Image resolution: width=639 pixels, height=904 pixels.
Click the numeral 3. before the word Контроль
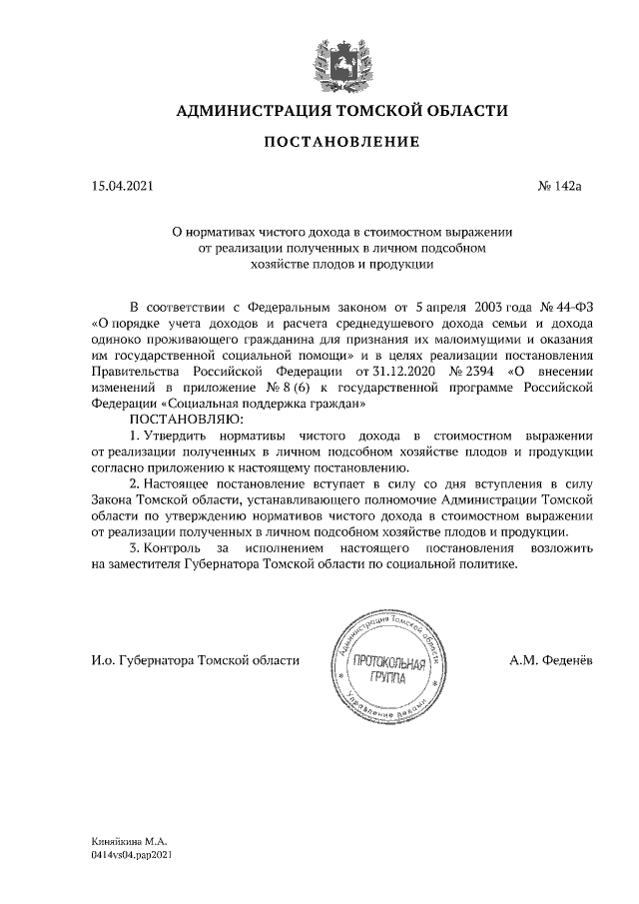pyautogui.click(x=136, y=548)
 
